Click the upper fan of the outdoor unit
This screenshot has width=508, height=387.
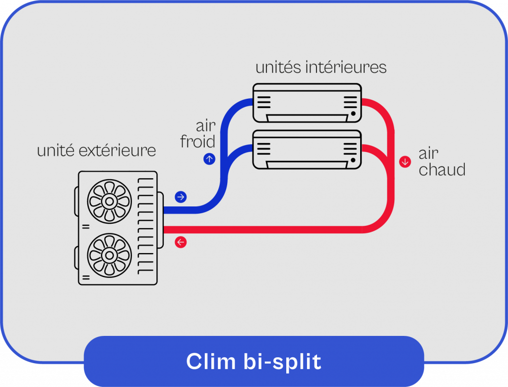(109, 201)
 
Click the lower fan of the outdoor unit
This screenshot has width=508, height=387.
(109, 255)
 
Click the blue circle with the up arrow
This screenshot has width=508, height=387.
(209, 159)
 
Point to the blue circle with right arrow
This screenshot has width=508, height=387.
(181, 197)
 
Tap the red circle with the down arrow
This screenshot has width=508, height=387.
(405, 161)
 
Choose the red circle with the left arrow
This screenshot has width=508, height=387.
(181, 242)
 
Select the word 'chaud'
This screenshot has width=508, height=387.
(442, 170)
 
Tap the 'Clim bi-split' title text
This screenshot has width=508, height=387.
(254, 362)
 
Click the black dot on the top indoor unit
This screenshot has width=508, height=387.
(353, 114)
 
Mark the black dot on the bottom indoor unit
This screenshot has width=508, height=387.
(353, 160)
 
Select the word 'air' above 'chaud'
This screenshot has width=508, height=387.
(428, 154)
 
